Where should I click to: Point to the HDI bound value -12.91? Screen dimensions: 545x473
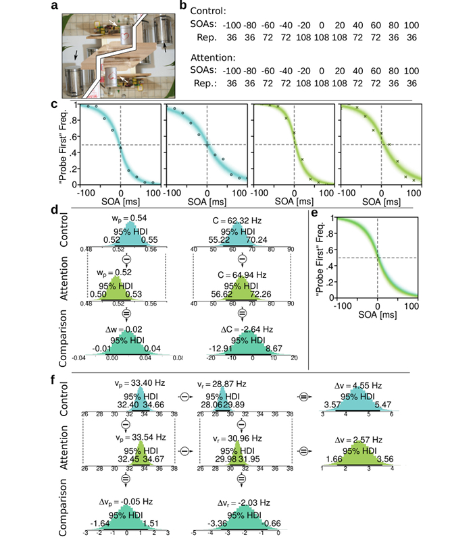pyautogui.click(x=216, y=347)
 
